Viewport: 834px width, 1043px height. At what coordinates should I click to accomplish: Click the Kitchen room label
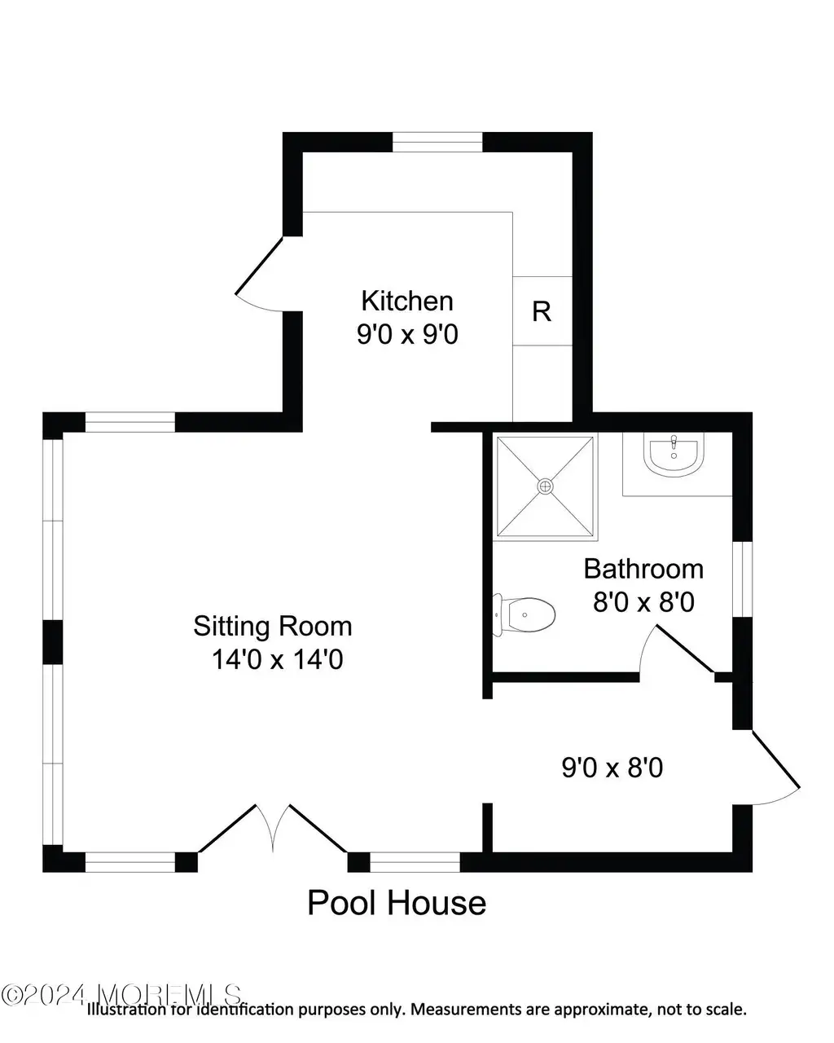pyautogui.click(x=407, y=301)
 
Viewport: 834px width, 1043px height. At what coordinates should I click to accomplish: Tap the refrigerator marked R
pyautogui.click(x=542, y=311)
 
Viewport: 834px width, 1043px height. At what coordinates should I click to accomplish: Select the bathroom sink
pyautogui.click(x=673, y=455)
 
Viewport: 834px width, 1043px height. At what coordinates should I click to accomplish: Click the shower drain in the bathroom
pyautogui.click(x=545, y=486)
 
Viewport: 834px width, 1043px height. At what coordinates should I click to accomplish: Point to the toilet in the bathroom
pyautogui.click(x=524, y=615)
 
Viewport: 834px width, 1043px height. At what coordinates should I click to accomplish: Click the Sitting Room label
pyautogui.click(x=272, y=626)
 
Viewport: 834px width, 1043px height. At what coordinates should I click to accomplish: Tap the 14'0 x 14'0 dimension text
pyautogui.click(x=277, y=659)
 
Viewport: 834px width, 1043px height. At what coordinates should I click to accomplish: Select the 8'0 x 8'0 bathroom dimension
pyautogui.click(x=643, y=602)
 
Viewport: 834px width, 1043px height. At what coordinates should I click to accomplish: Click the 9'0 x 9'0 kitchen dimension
pyautogui.click(x=407, y=334)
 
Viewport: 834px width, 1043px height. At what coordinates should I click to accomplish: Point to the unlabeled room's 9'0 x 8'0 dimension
pyautogui.click(x=612, y=768)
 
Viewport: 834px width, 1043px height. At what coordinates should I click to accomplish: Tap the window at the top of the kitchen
pyautogui.click(x=437, y=142)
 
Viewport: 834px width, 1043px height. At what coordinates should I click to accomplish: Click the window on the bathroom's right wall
pyautogui.click(x=742, y=579)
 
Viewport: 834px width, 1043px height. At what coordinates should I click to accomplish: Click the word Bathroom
pyautogui.click(x=643, y=569)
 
